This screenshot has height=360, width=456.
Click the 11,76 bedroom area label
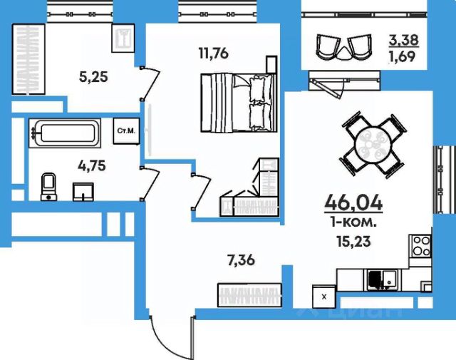point(214,53)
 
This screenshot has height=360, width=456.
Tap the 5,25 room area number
point(93,77)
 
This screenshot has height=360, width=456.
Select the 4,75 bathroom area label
point(92,166)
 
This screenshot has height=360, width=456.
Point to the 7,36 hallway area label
point(242,260)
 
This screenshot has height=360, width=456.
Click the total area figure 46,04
point(353,202)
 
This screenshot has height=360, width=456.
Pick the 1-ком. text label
point(353,223)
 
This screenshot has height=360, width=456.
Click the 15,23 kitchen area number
point(353,241)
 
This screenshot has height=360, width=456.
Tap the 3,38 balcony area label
point(404,40)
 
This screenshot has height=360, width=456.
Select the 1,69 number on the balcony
point(402,56)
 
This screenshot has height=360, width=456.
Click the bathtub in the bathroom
point(65,133)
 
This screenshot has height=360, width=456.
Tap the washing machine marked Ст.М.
point(127,131)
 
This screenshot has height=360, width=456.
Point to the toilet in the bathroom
point(49,187)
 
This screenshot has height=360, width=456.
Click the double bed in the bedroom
point(239,103)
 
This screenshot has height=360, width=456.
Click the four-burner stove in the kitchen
point(420,246)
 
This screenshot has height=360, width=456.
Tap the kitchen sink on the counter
point(382,280)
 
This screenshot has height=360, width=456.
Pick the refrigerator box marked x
point(324,297)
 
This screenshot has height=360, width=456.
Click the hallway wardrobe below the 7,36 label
point(250,295)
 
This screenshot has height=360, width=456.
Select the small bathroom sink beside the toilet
point(83,192)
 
